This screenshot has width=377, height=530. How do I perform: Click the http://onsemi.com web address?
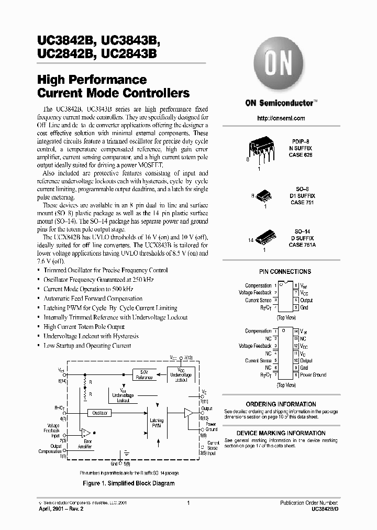point(281,118)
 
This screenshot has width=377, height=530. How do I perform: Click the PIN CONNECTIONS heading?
point(285,271)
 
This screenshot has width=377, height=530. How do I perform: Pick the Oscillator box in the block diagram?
point(99,413)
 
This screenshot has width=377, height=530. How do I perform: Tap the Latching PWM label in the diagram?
point(157,423)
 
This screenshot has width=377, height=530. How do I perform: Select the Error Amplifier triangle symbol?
point(85,433)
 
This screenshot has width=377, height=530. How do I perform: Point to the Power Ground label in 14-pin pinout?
point(313,375)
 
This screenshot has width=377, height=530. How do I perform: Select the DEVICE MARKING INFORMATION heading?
point(281,433)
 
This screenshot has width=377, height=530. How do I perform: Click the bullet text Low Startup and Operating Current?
point(87,346)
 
